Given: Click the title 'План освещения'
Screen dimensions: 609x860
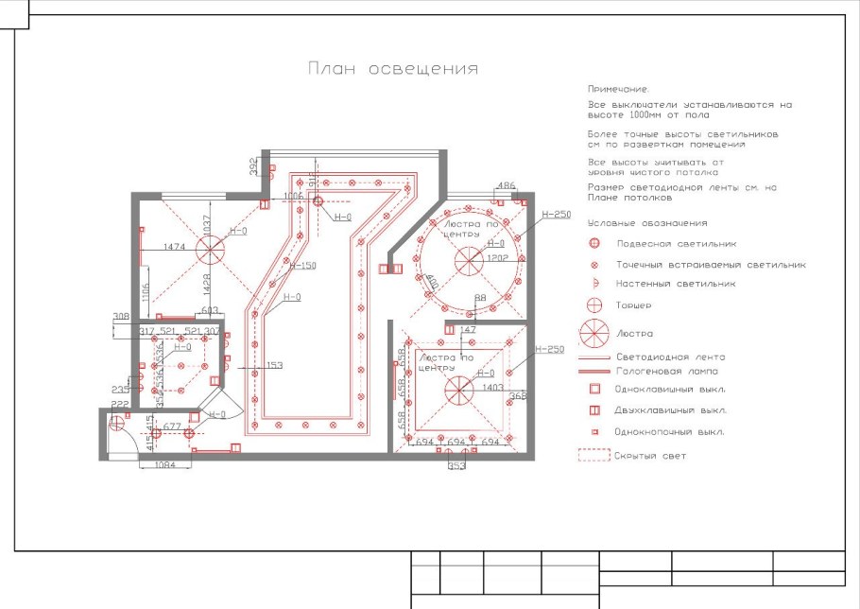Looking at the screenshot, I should (392, 69).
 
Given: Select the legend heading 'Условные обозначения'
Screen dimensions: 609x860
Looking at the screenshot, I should (647, 223).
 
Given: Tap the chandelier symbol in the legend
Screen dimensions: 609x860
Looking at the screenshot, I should (595, 333).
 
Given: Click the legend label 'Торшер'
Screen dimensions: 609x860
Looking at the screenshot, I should (633, 305).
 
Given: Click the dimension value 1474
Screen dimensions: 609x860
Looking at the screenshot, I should (174, 247).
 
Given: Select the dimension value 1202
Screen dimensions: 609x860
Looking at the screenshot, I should (498, 257).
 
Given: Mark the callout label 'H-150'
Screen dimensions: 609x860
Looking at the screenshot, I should (302, 266).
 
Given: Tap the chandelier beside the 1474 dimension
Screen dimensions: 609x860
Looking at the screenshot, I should (211, 250).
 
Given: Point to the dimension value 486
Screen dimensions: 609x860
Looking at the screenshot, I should (507, 185).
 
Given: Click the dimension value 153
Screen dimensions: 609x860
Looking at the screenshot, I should (274, 366).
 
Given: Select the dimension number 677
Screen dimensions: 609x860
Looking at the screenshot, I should (172, 427).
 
